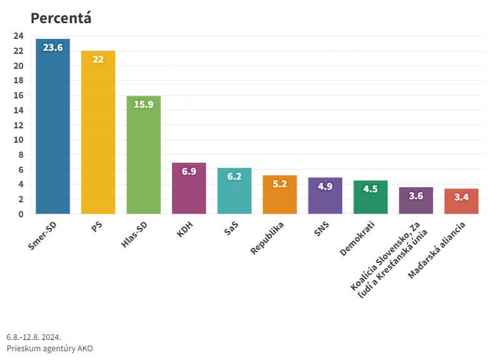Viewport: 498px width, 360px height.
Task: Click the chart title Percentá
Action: tap(61, 18)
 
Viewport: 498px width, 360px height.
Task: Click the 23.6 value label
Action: tap(53, 48)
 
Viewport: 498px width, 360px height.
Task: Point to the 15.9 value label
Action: tap(143, 105)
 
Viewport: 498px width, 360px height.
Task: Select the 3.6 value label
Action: tap(416, 196)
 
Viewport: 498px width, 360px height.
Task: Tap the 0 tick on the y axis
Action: tap(21, 214)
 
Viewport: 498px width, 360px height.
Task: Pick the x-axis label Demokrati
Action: tap(358, 239)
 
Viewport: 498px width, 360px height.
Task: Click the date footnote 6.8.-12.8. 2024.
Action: tap(34, 337)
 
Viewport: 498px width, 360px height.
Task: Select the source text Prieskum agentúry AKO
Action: tap(49, 348)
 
